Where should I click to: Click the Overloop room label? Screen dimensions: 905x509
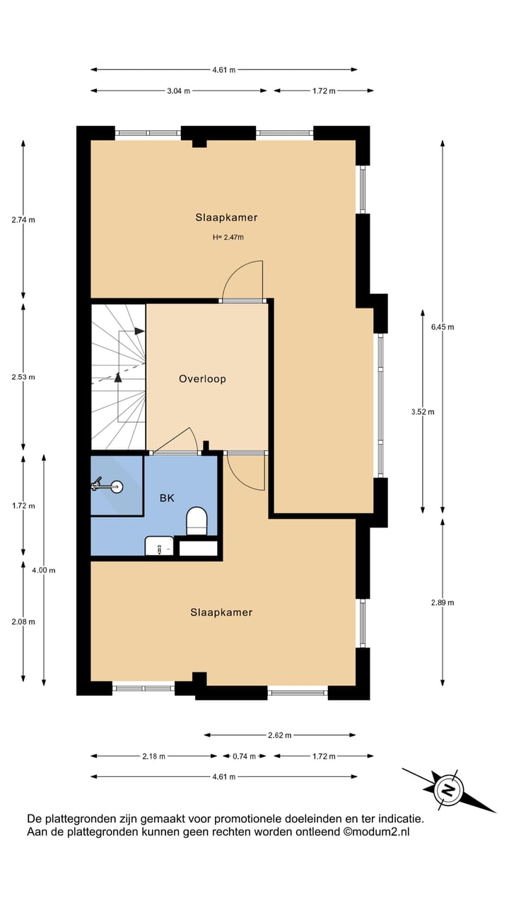pos(202,379)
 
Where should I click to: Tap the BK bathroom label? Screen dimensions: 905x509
pos(167,498)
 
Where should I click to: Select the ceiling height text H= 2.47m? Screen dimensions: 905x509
pos(228,238)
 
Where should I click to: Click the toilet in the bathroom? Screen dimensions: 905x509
pos(196,522)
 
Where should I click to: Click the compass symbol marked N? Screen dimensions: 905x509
pos(447,789)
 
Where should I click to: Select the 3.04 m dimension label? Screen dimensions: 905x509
pos(179,91)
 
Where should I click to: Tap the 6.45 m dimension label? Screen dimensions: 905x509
pos(443,327)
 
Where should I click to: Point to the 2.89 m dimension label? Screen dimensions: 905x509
pos(443,602)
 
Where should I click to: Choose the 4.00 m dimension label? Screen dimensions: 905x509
pos(44,570)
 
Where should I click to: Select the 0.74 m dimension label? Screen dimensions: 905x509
pos(244,757)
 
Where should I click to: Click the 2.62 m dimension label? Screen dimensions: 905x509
pos(279,735)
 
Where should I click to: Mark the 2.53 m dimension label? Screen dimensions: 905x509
pos(23,377)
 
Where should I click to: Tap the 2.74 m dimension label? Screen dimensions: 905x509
pos(23,219)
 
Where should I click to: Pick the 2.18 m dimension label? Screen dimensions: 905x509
pos(153,757)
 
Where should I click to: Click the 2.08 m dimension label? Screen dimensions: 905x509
pos(23,621)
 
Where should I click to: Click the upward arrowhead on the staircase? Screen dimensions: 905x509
pos(118,378)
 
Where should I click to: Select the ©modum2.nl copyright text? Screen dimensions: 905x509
pos(376,832)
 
